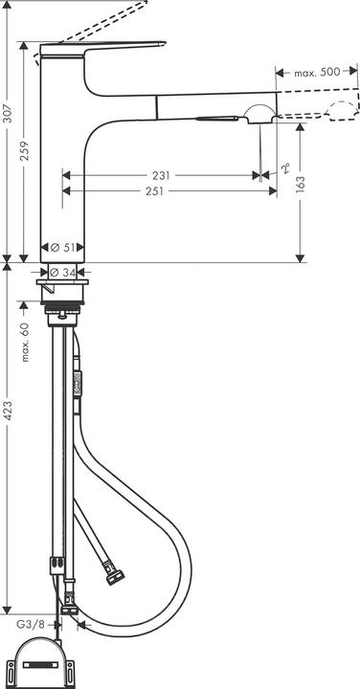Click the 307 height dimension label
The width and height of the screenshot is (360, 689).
pyautogui.click(x=9, y=114)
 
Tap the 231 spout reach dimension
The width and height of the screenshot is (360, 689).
pyautogui.click(x=161, y=175)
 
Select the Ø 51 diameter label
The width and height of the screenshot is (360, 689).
pyautogui.click(x=64, y=248)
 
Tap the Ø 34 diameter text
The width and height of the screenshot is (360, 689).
pyautogui.click(x=64, y=271)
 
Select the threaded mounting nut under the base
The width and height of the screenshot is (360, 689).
pyautogui.click(x=64, y=308)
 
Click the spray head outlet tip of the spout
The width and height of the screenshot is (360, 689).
pyautogui.click(x=259, y=116)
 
